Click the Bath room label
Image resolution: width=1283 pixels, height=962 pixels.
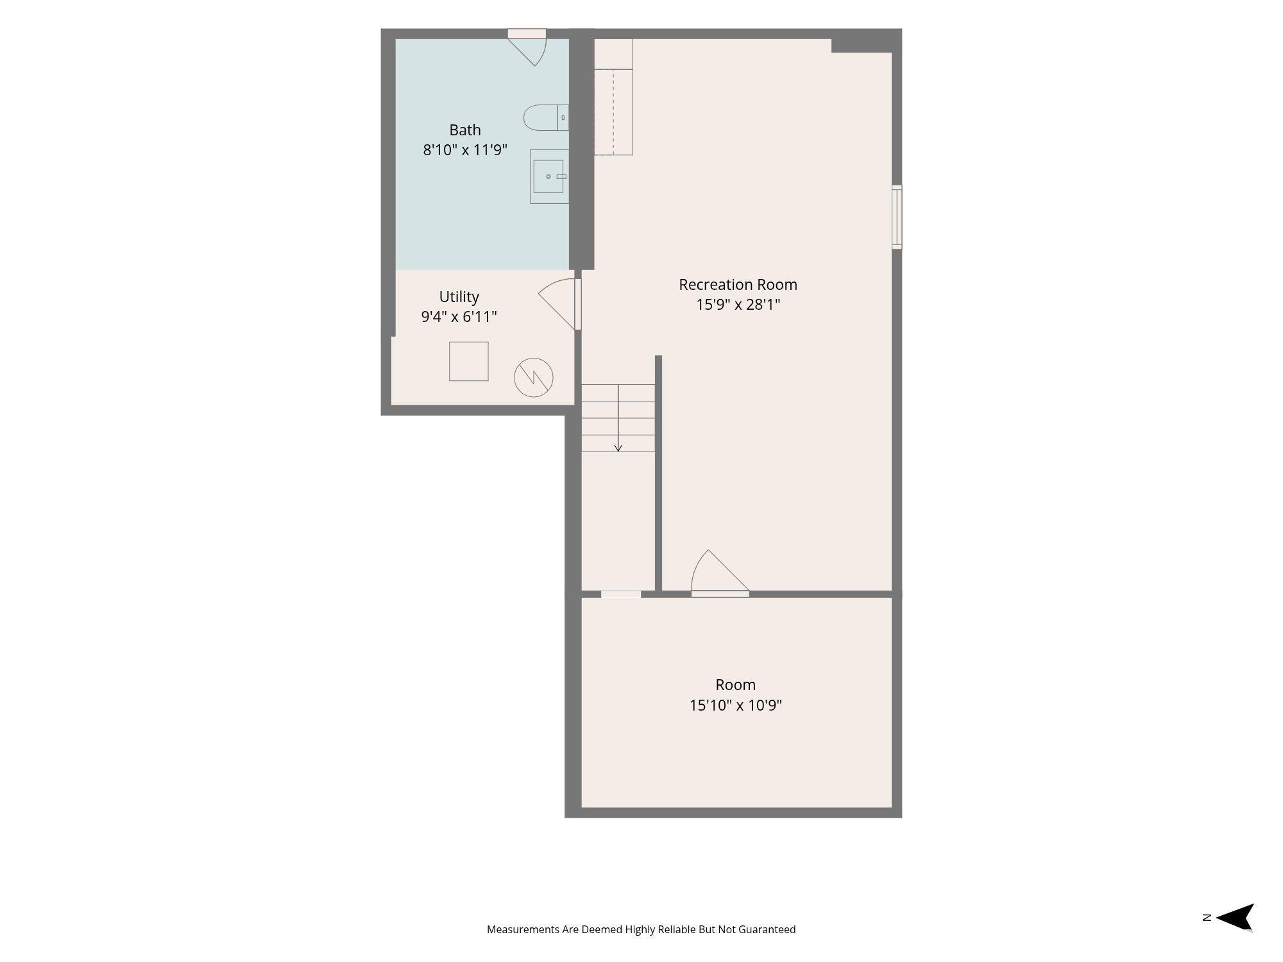coord(465,130)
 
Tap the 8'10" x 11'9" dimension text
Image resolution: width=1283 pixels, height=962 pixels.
coord(465,150)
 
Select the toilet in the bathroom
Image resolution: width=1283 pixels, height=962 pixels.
coord(546,117)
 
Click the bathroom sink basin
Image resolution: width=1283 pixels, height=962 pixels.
coord(548,176)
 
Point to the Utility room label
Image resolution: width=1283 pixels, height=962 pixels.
coord(459,297)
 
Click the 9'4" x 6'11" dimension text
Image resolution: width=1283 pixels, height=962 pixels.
coord(459,317)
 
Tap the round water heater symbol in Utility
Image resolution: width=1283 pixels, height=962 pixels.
coord(534,377)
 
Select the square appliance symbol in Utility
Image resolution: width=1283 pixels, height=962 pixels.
coord(468,361)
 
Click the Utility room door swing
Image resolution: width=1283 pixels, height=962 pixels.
coord(557,305)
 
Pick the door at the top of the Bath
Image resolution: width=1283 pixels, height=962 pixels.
coord(527,48)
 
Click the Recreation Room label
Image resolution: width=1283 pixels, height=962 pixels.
coord(738,284)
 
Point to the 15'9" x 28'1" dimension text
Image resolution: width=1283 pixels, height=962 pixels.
coord(738,305)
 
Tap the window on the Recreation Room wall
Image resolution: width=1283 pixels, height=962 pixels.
coord(897,217)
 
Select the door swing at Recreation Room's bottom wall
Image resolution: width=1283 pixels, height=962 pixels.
coord(719,573)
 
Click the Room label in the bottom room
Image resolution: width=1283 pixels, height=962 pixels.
coord(735,685)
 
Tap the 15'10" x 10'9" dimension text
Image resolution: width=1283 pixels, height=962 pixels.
coord(735,705)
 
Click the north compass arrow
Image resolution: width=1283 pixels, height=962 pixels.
coord(1234,917)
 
